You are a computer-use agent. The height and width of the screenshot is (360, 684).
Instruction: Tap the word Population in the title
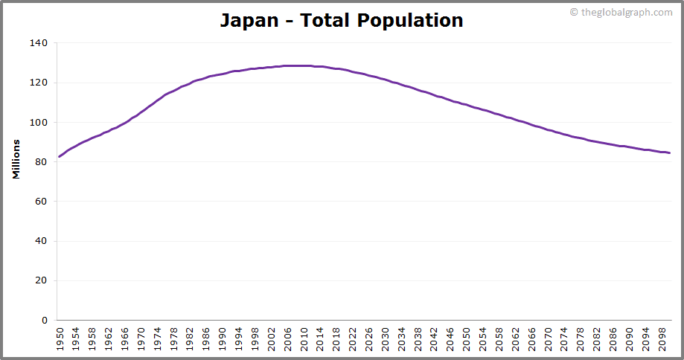[410, 20]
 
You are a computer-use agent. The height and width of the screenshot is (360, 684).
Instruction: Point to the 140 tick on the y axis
[39, 43]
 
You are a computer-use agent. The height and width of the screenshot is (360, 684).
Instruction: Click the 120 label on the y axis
[39, 83]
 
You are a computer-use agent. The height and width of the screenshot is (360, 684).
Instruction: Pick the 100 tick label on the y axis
[39, 122]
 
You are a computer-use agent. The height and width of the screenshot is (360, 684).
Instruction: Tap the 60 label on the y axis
[42, 202]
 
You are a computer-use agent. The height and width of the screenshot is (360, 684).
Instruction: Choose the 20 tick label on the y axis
[42, 280]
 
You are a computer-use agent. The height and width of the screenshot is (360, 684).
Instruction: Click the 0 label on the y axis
[45, 321]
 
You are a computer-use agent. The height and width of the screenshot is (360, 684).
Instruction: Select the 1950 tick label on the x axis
[60, 339]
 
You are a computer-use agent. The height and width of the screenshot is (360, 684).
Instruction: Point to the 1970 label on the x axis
[141, 339]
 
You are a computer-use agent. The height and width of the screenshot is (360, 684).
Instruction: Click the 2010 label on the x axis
[304, 339]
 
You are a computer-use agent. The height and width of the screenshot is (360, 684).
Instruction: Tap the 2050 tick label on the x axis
[466, 339]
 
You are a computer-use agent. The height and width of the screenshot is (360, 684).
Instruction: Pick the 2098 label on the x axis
[662, 339]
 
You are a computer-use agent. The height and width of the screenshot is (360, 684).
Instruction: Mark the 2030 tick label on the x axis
[385, 339]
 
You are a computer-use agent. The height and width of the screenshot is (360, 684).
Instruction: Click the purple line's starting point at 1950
[59, 156]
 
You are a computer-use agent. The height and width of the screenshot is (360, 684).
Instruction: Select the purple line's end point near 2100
[669, 152]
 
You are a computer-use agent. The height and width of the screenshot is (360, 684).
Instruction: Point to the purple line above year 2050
[466, 104]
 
